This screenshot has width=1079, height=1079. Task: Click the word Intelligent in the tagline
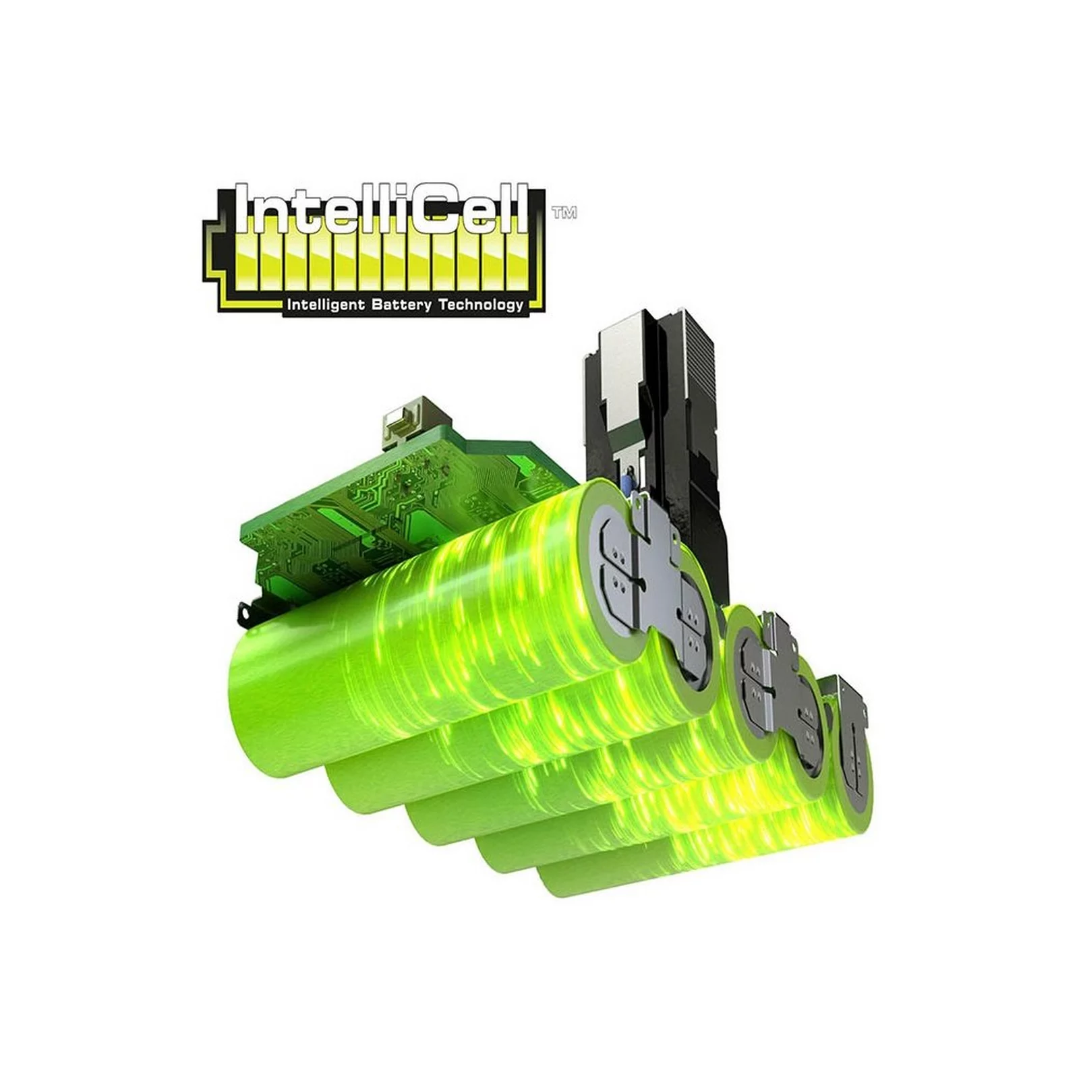(x=326, y=305)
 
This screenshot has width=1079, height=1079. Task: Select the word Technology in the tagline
(x=480, y=305)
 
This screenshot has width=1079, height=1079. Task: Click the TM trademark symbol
(x=564, y=213)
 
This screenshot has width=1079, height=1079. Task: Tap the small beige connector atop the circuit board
(x=402, y=422)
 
